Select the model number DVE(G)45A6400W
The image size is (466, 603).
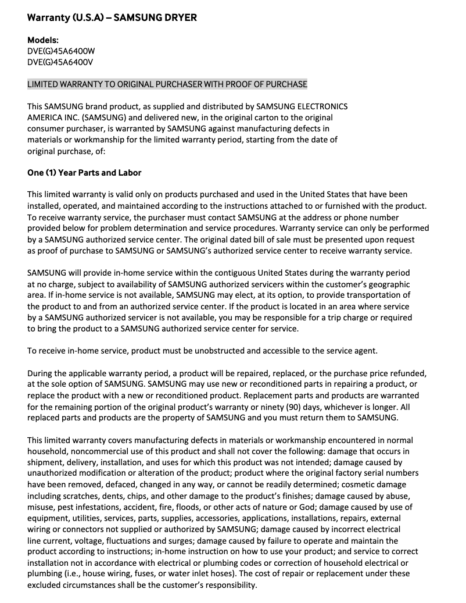(61, 51)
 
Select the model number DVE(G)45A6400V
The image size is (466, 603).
(60, 62)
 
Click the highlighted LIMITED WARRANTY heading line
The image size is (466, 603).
(167, 84)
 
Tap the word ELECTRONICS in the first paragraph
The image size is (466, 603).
(322, 107)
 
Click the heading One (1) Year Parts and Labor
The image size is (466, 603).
(85, 173)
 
